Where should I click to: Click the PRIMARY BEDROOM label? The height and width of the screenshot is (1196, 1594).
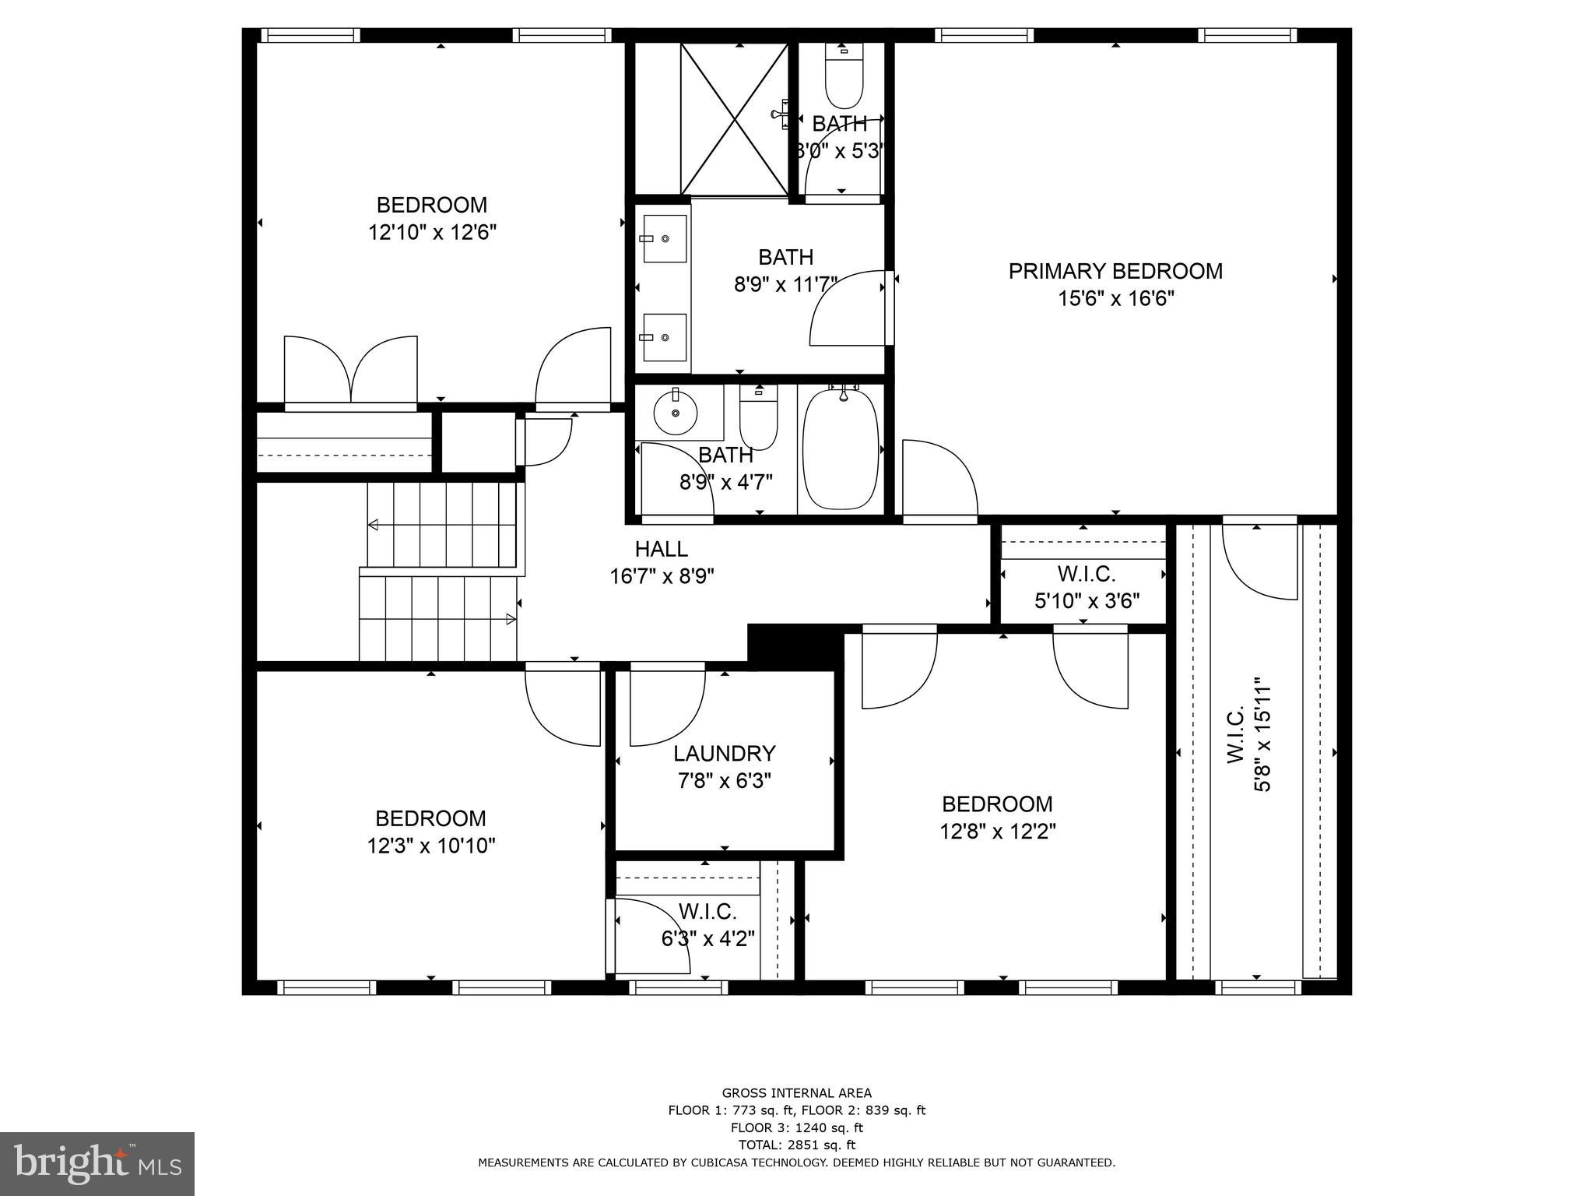coord(1115,271)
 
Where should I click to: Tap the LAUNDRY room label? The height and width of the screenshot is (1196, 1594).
coord(724,753)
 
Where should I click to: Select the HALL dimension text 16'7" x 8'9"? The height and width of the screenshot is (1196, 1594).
coord(662,576)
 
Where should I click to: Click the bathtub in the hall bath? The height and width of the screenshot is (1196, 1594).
coord(841,449)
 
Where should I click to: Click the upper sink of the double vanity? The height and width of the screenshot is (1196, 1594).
coord(665,238)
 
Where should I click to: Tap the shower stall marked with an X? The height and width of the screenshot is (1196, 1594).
coord(735,118)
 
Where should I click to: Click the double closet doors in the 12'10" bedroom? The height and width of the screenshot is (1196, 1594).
coord(351,369)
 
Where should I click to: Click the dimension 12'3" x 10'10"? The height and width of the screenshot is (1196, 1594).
coord(431,846)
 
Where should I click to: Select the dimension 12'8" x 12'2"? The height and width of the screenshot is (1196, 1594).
coord(997,832)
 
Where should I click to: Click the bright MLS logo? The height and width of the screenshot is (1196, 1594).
coord(97,1163)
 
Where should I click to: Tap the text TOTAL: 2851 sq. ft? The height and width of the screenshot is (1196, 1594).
coord(796,1145)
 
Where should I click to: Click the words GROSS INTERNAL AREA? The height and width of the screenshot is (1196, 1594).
coord(796,1092)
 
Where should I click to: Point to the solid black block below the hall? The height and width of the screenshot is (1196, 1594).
coord(795,645)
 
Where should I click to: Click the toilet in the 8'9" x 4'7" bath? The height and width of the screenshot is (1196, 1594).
coord(758,420)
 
